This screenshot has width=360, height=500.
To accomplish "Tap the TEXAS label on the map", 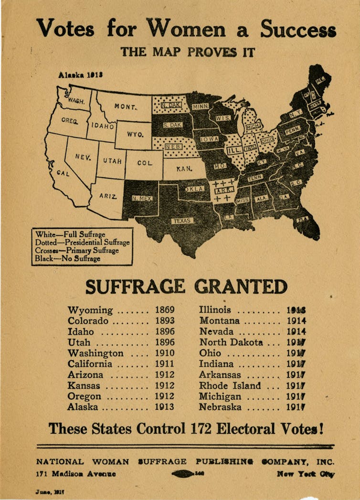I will click(x=182, y=221).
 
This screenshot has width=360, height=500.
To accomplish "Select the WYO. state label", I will click(x=135, y=134).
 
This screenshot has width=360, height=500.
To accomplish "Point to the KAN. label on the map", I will click(x=184, y=169).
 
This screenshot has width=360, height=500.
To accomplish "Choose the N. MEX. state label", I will click(x=142, y=198).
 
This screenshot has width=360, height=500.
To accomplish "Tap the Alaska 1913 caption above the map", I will click(x=81, y=75).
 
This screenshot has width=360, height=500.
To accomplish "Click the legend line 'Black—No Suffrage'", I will click(x=67, y=259).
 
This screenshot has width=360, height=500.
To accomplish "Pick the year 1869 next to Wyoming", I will click(x=165, y=310).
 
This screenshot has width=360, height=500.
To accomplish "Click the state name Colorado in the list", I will click(x=88, y=321).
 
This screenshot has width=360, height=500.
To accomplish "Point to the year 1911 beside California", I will click(x=165, y=364).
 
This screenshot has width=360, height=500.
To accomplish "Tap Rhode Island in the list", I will click(x=230, y=386).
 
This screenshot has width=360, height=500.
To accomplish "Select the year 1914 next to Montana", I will click(x=296, y=321).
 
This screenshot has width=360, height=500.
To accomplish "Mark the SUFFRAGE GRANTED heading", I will click(x=186, y=287).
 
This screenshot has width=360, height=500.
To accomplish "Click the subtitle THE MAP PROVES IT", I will click(x=188, y=52).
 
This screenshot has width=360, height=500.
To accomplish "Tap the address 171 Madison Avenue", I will click(x=76, y=474).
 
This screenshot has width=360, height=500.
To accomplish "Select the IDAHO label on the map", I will click(x=103, y=127).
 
